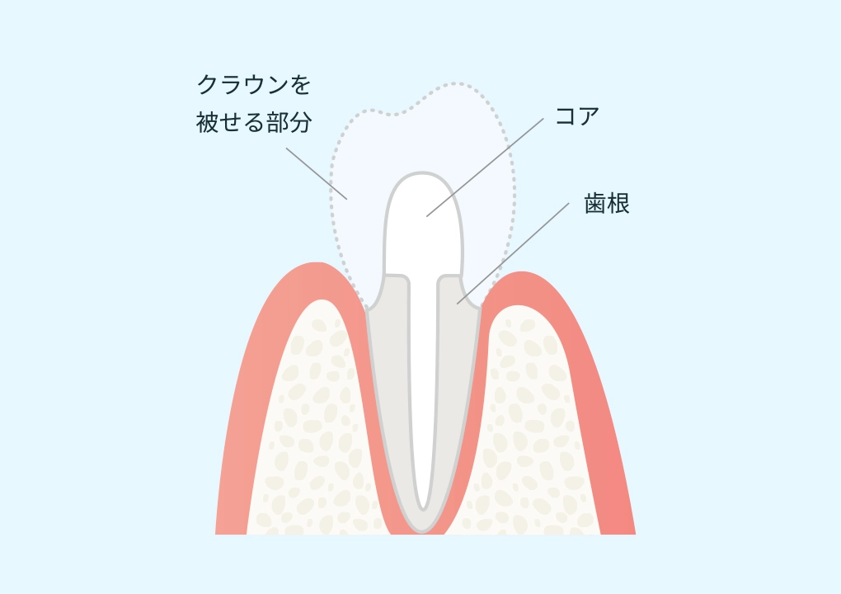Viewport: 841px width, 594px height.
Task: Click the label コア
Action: pos(576,115)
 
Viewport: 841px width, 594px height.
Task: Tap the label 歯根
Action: pos(607,204)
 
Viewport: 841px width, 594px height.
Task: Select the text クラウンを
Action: pos(254,85)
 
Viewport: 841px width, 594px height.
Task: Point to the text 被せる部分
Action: pos(254,122)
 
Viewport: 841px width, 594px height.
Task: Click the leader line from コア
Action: pos(485,167)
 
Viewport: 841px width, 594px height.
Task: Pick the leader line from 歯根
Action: pos(513,253)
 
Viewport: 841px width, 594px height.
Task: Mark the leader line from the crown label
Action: pos(317,173)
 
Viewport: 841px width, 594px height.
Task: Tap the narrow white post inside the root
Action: pos(423,392)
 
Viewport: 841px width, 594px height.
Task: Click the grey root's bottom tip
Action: pos(422,531)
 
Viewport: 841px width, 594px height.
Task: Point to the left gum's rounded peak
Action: pos(317,264)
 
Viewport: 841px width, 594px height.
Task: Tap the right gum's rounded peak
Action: pos(519,273)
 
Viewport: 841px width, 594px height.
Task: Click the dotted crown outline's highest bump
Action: pos(455,83)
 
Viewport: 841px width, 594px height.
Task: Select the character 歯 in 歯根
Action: pos(595,204)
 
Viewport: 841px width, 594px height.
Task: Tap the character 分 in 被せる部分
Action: pos(301,122)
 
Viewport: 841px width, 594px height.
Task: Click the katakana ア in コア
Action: pos(589,115)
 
